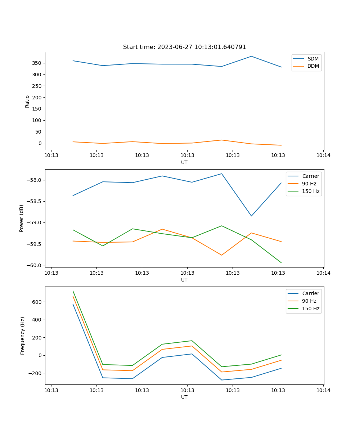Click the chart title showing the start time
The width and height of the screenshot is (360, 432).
tap(184, 47)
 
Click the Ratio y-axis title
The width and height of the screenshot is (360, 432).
tap(27, 101)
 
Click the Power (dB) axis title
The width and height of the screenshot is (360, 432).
tap(22, 218)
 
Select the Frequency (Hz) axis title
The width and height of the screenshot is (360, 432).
tap(22, 336)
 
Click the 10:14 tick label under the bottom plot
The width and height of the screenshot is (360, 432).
tap(323, 390)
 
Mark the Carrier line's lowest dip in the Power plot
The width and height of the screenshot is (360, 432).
tap(251, 216)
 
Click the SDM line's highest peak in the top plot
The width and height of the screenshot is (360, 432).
tap(251, 56)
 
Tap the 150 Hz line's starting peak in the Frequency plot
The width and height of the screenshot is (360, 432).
tap(73, 291)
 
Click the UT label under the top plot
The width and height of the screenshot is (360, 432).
tap(184, 162)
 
